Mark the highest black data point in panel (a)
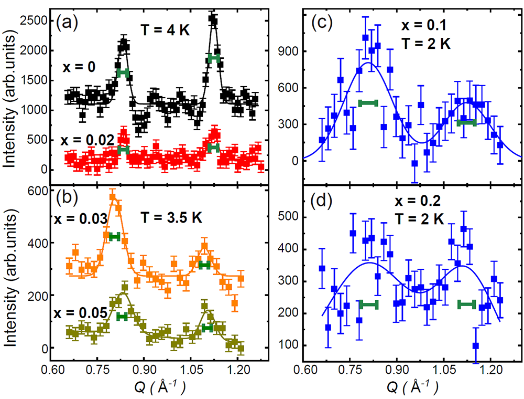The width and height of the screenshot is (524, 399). point(213,19)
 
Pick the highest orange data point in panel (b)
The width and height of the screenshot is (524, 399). point(112,197)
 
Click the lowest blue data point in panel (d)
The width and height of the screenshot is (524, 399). point(476,345)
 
